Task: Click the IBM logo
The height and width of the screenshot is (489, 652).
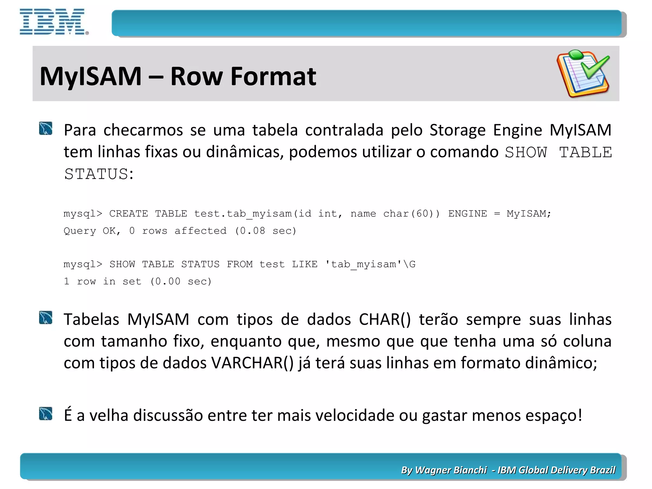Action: pyautogui.click(x=53, y=22)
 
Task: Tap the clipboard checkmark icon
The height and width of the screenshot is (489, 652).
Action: pyautogui.click(x=583, y=74)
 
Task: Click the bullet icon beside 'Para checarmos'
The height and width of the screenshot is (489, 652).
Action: pyautogui.click(x=46, y=129)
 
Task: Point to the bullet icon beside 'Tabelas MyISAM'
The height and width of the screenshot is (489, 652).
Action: pyautogui.click(x=46, y=318)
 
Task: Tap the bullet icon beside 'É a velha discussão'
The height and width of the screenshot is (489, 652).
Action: pyautogui.click(x=46, y=414)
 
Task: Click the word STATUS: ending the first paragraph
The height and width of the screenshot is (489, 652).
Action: pyautogui.click(x=99, y=174)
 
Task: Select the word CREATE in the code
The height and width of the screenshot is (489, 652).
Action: pyautogui.click(x=128, y=213)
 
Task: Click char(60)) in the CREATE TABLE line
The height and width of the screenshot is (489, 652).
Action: pyautogui.click(x=411, y=213)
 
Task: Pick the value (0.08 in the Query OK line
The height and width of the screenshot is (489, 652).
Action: pyautogui.click(x=250, y=230)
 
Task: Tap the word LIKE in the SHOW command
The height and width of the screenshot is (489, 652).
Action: pyautogui.click(x=304, y=264)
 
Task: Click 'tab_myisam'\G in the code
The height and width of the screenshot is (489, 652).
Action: pyautogui.click(x=370, y=264)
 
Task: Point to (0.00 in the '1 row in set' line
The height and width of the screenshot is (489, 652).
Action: pyautogui.click(x=165, y=281)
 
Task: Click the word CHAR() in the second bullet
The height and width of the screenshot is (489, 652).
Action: pyautogui.click(x=385, y=319)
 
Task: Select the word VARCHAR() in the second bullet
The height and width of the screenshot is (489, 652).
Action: pyautogui.click(x=252, y=363)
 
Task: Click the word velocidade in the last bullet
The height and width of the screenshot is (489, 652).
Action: pyautogui.click(x=354, y=415)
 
